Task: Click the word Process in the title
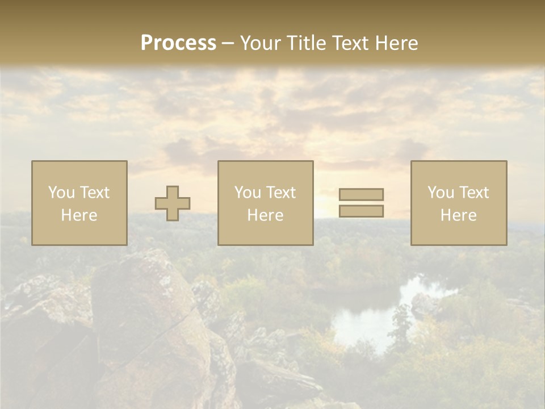coord(178,43)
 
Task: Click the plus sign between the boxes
coord(173,203)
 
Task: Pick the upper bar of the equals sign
coord(361,194)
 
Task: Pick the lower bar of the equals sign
coord(361,211)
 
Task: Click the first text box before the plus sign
coord(79,203)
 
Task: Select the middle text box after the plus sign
coord(265,203)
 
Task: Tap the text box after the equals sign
coord(459,203)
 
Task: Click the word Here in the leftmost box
coord(79,215)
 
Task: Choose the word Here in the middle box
coord(265,215)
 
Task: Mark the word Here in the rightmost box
coord(458,215)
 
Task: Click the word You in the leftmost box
coord(61,193)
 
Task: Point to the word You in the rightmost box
coord(441,193)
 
